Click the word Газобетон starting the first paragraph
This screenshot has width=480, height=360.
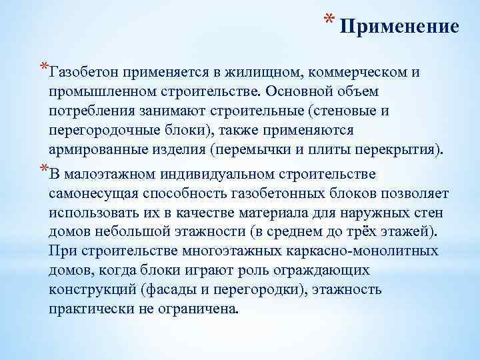click(x=84, y=71)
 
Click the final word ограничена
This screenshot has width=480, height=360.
click(x=204, y=309)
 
